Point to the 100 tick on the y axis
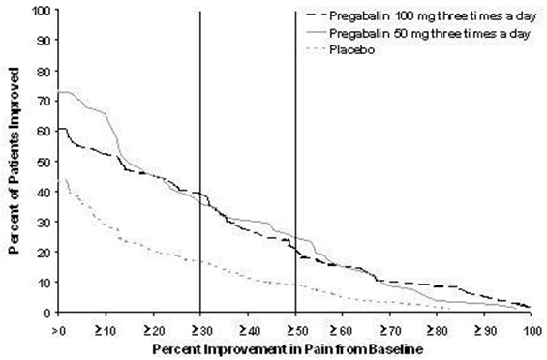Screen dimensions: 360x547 (41, 11)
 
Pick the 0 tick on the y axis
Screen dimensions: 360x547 (46, 313)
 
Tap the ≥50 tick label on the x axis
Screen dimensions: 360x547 (294, 328)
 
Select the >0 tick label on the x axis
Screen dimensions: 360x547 (58, 328)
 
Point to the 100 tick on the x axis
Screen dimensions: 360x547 (532, 328)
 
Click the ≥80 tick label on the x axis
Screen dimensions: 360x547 (437, 328)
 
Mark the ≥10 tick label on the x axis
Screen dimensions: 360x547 (106, 328)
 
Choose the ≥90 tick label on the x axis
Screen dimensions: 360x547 (484, 328)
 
